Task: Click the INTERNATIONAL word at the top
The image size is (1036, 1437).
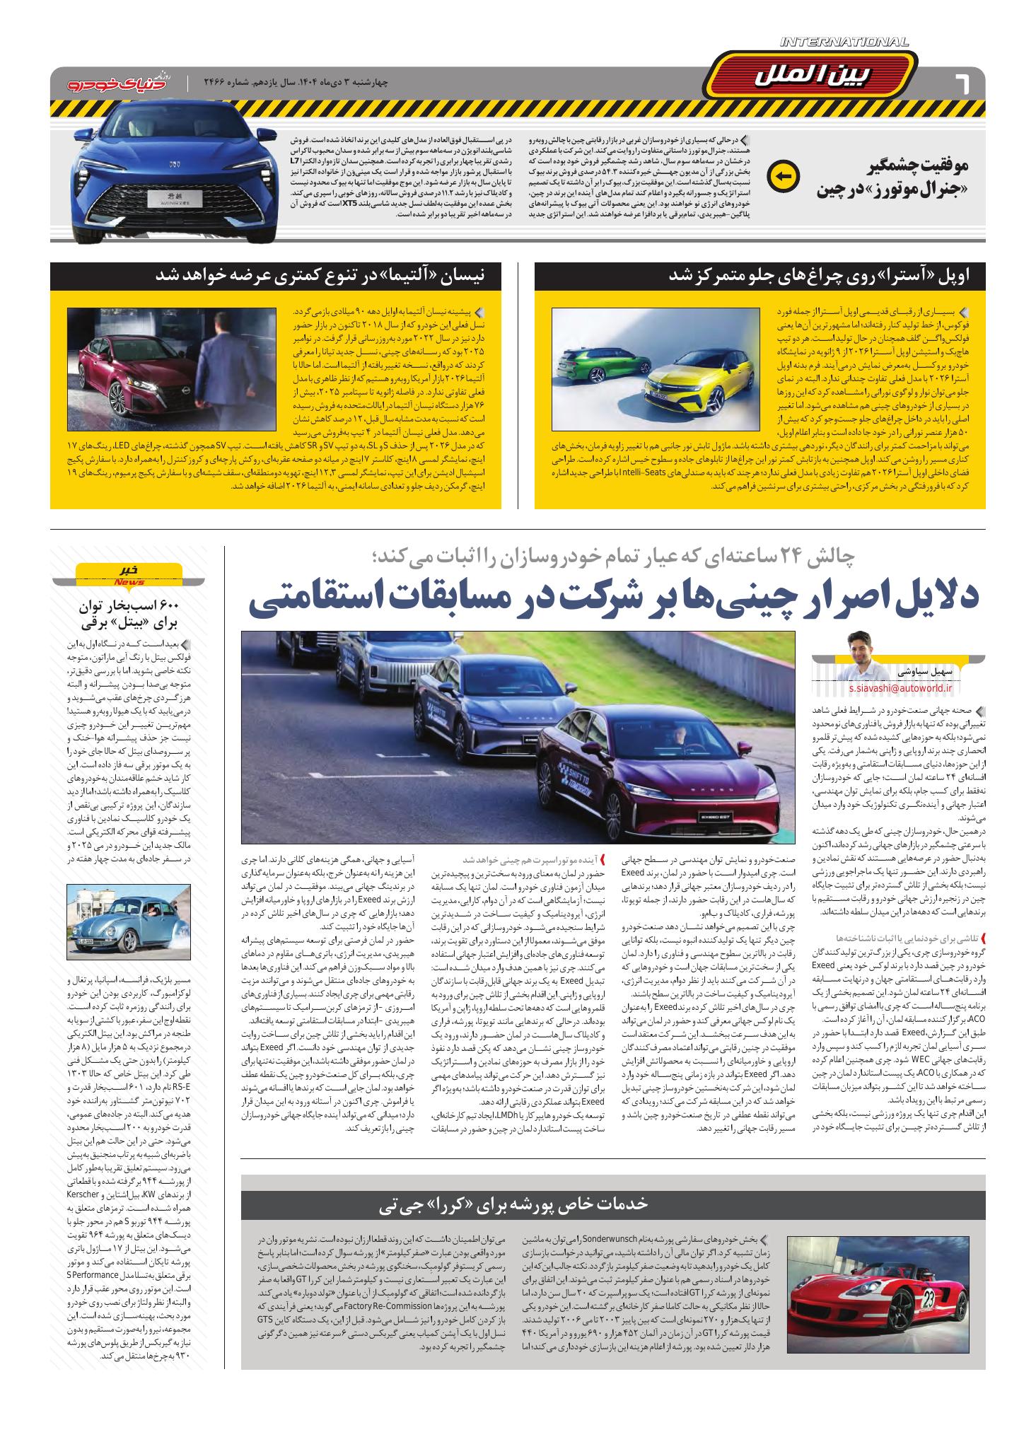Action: [x=845, y=43]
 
